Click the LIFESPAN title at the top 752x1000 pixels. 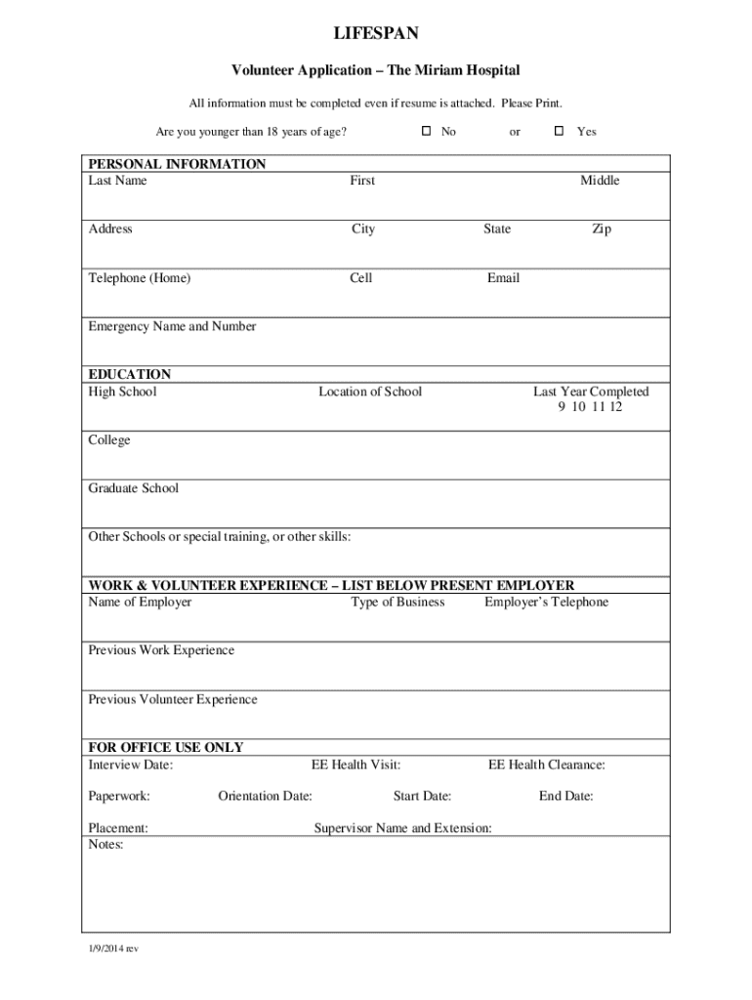(376, 35)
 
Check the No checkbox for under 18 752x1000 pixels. (426, 131)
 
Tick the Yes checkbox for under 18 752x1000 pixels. (560, 131)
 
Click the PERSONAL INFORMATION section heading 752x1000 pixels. (177, 164)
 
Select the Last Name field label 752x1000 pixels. (117, 181)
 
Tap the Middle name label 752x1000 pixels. (600, 181)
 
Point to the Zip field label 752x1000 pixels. (602, 229)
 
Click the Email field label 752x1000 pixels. (503, 278)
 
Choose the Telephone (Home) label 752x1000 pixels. (140, 278)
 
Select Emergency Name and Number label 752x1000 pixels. (172, 327)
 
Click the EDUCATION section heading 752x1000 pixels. (130, 374)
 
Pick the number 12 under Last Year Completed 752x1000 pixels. (614, 407)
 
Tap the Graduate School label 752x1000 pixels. (134, 488)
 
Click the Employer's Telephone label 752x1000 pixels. (546, 603)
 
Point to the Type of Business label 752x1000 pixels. (397, 603)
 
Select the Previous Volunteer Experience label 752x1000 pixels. (173, 700)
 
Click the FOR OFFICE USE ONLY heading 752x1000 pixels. (166, 747)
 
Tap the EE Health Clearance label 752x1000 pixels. (546, 766)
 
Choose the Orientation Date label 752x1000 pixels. (265, 797)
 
